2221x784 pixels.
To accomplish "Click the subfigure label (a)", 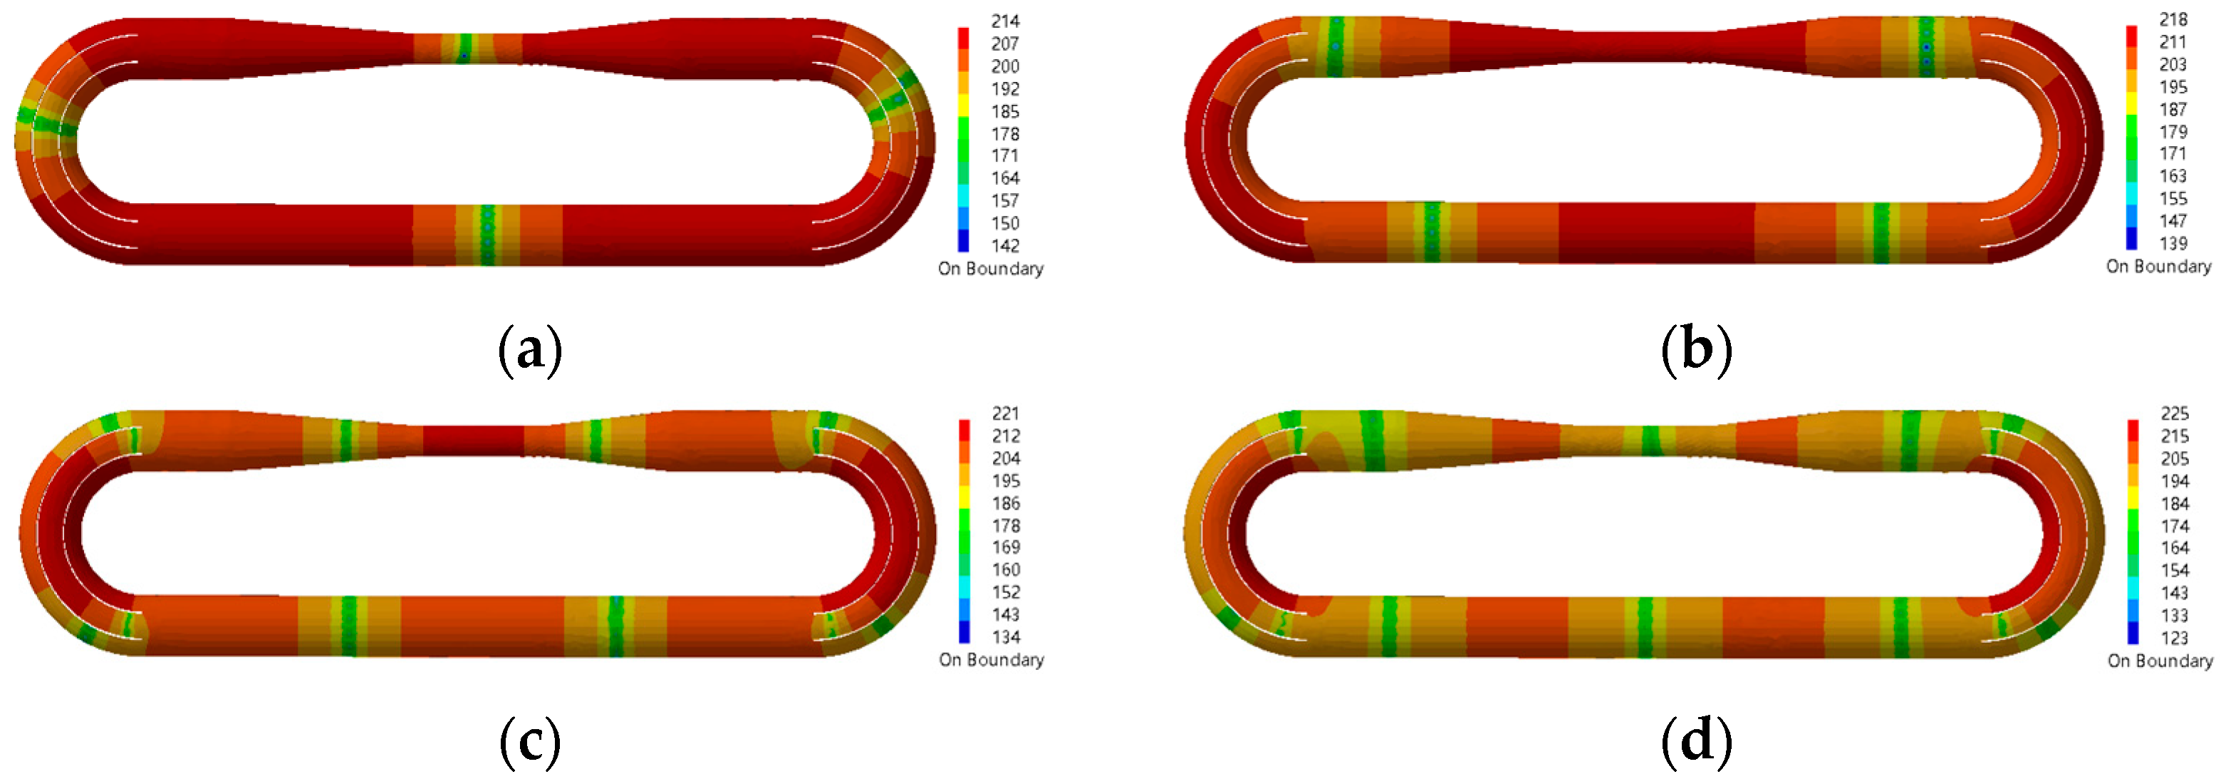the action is click(x=530, y=350).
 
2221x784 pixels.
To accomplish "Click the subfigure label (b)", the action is click(x=1697, y=350).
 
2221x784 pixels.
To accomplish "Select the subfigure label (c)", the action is click(x=530, y=741).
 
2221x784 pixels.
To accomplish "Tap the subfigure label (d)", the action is click(x=1697, y=741).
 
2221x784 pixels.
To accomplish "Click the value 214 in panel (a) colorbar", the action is click(x=1005, y=21).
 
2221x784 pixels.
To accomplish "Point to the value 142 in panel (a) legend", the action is click(x=1005, y=246).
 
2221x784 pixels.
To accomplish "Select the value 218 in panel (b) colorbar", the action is click(x=2173, y=19).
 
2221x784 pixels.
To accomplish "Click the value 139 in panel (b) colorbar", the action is click(x=2173, y=243).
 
